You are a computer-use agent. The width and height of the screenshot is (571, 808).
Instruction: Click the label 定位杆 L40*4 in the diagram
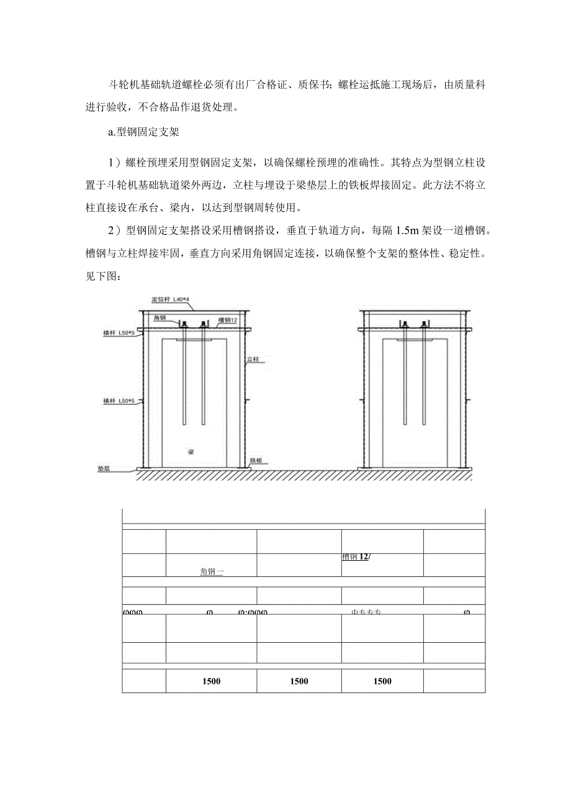pos(173,299)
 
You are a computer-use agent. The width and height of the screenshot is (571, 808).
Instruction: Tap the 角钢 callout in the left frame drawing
pos(160,318)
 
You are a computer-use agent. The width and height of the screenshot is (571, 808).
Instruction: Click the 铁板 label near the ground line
pos(256,461)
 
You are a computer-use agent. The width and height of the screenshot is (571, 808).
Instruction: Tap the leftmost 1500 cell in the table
pos(211,681)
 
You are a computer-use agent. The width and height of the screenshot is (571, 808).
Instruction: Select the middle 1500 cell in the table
pos(299,681)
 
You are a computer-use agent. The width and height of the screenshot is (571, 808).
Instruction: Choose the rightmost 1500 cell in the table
pos(382,681)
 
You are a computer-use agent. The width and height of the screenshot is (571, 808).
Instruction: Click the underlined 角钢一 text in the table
pos(212,573)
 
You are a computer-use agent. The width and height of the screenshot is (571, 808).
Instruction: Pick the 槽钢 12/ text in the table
pos(356,557)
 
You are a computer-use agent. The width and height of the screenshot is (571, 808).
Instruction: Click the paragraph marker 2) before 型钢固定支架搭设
pos(112,231)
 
